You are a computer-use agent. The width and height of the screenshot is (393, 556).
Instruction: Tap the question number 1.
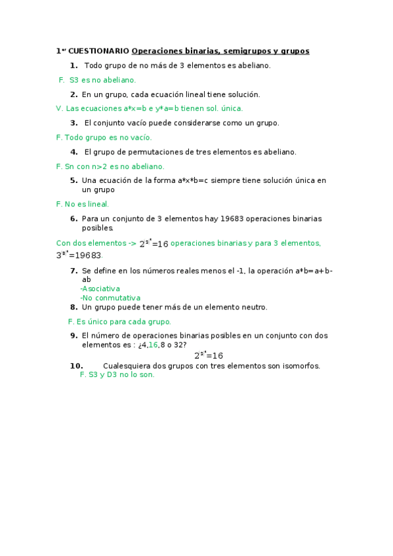(73, 65)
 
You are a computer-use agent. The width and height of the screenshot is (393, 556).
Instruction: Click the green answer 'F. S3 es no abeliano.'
(97, 79)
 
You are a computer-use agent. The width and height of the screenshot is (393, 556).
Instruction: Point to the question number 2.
(74, 94)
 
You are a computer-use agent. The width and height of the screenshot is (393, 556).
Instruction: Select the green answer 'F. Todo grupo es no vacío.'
(104, 137)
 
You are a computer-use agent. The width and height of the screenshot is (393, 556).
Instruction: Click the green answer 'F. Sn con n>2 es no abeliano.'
(110, 166)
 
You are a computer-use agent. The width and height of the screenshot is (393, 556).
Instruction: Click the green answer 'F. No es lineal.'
(83, 204)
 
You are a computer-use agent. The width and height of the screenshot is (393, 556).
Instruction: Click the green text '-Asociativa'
(100, 288)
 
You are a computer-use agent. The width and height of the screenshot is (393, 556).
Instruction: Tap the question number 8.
(74, 307)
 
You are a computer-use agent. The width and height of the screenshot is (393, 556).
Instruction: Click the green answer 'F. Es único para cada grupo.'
(119, 321)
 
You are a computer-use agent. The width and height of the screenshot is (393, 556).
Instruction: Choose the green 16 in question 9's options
(153, 345)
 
